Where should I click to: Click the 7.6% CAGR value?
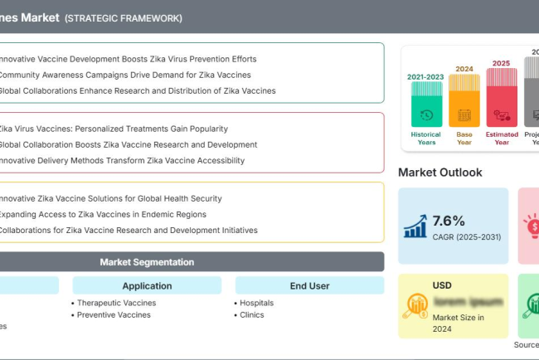tap(449, 221)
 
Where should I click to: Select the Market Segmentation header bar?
tap(147, 262)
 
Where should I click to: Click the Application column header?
tap(147, 286)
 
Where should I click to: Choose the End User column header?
tap(309, 286)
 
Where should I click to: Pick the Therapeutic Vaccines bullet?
tap(116, 303)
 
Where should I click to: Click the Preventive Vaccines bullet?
tap(114, 315)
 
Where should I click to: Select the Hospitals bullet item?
tap(256, 303)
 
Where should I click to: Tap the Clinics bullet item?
tap(251, 315)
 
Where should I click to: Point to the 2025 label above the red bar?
tap(501, 63)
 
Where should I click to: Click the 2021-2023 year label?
tap(425, 76)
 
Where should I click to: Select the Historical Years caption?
tap(426, 138)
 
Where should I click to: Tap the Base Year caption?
tap(464, 138)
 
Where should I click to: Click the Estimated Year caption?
tap(501, 138)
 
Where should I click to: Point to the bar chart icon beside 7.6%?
tap(415, 226)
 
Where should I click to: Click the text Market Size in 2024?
tap(458, 323)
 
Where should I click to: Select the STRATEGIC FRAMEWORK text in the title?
tap(124, 18)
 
